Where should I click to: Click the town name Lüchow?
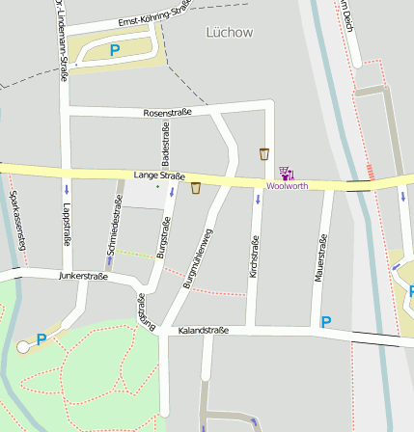[230, 32]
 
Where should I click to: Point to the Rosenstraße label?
[167, 113]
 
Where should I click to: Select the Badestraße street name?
[165, 144]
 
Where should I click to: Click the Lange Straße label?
[159, 175]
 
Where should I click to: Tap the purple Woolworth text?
[287, 186]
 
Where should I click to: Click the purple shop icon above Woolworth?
[286, 174]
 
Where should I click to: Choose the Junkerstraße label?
[83, 276]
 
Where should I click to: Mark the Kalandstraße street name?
[204, 331]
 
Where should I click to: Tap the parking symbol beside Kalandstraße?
[326, 322]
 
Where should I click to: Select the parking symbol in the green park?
[41, 338]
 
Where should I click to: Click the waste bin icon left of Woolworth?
[263, 153]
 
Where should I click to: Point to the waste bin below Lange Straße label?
[196, 188]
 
